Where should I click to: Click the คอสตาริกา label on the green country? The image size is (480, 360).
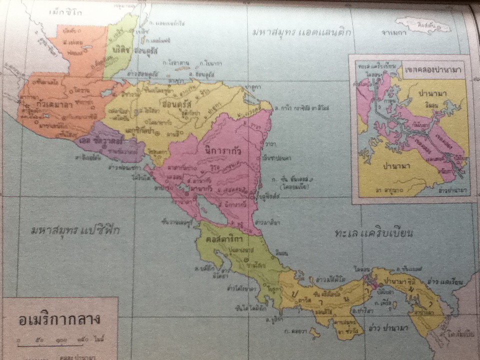click(218, 239)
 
